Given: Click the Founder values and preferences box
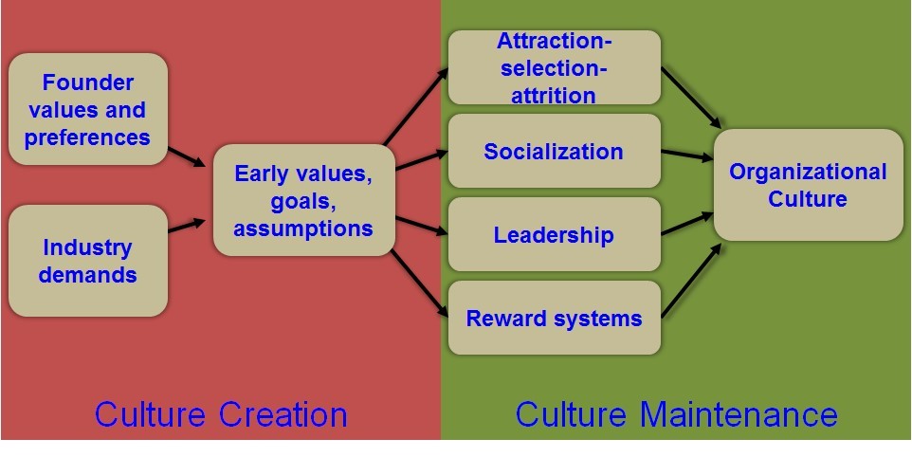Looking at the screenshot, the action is (87, 110).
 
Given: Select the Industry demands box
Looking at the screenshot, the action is (87, 261).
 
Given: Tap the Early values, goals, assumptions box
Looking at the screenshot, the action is (303, 200).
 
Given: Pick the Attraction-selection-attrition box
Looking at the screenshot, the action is (553, 68).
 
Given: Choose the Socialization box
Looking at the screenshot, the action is (553, 152).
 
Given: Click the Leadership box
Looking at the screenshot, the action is (553, 234).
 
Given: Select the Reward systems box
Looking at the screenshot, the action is (553, 318).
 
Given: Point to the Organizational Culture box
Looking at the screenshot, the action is (808, 185).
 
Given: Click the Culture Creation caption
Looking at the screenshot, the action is (221, 414).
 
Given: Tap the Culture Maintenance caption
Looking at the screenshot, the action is (676, 414).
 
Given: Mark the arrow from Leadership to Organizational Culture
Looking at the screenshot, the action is (687, 224).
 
